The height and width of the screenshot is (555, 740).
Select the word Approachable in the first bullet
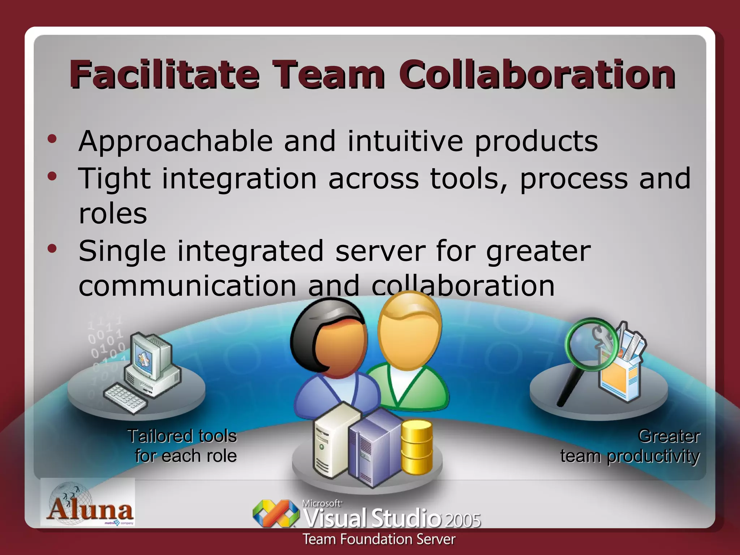(176, 141)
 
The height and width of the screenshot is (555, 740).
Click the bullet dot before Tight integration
(52, 176)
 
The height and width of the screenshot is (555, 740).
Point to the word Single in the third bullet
(122, 251)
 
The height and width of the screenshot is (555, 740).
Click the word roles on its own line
(113, 213)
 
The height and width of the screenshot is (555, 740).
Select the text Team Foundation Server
(379, 539)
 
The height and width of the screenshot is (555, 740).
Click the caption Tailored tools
(182, 436)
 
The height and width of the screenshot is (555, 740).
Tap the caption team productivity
(630, 456)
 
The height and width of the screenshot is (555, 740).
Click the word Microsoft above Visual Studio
(322, 503)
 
